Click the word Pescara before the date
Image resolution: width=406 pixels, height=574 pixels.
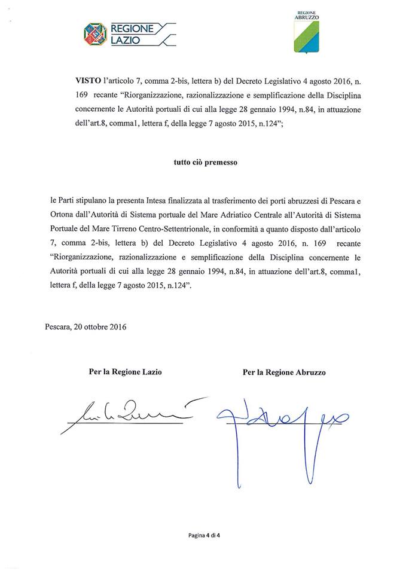pos(57,327)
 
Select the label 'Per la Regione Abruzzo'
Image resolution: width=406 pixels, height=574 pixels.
pos(284,372)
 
